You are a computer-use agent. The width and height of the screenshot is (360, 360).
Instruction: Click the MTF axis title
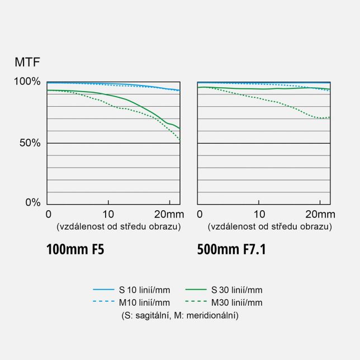pos(27,62)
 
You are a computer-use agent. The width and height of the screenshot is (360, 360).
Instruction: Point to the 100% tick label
pos(27,82)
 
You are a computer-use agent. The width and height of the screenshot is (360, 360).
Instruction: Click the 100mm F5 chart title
pos(75,249)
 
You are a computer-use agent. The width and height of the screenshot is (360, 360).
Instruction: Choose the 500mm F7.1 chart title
pos(231,249)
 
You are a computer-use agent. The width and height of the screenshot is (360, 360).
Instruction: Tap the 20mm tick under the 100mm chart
pos(169,214)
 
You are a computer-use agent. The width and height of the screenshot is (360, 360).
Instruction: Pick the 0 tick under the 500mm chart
pos(200,214)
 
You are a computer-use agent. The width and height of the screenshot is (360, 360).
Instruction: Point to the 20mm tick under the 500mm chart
pos(320,214)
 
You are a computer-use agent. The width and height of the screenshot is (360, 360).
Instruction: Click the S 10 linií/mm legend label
pos(144,290)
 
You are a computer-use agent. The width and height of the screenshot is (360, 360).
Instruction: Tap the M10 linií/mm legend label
pos(144,302)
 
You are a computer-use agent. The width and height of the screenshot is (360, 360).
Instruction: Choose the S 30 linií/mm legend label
pos(236,290)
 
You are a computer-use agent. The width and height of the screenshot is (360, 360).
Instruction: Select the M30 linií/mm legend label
pos(236,302)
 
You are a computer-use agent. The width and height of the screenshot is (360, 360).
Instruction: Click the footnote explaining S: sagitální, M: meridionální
pos(180,315)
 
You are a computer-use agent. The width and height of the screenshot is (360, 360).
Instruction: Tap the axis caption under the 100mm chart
pos(118,226)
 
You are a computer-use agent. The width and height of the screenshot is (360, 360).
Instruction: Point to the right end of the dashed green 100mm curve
pos(179,140)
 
